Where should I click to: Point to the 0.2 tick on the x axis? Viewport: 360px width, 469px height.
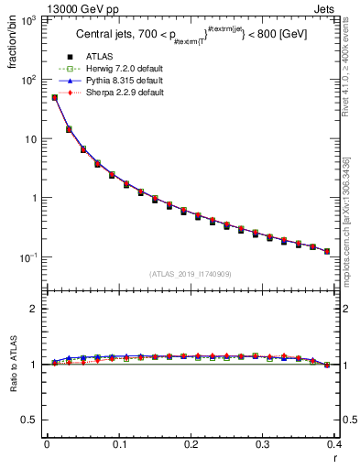tap(191, 443)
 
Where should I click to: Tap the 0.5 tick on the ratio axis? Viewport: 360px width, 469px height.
tap(34, 420)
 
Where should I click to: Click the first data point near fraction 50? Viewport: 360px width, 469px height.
tap(54, 97)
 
